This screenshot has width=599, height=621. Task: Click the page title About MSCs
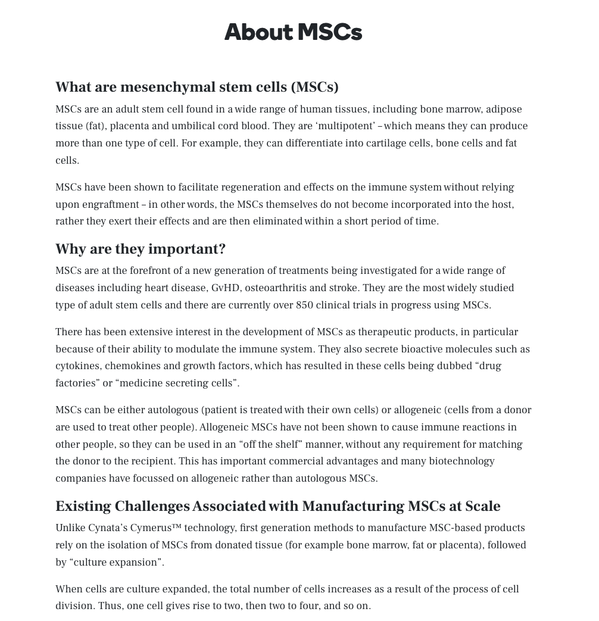[x=293, y=32]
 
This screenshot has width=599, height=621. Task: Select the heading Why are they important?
[x=141, y=249]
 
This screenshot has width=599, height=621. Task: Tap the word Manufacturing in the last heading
[x=353, y=506]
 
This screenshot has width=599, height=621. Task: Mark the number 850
[x=304, y=305]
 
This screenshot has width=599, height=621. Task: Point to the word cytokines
[x=77, y=366]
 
